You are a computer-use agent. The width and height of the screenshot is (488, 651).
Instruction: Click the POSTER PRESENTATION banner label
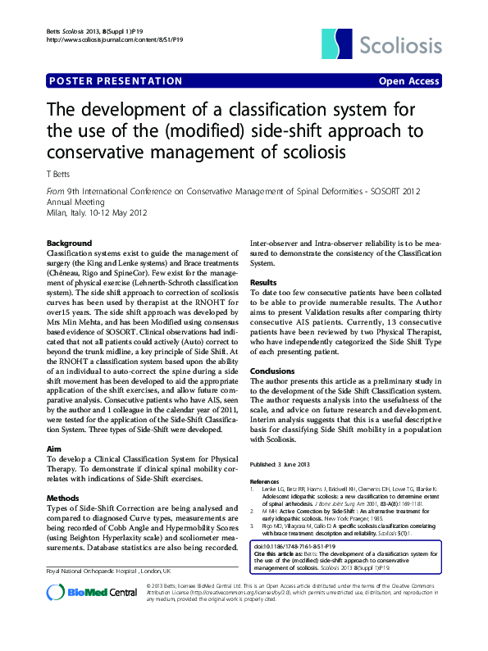(x=116, y=81)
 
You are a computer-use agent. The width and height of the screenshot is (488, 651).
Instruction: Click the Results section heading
(x=263, y=281)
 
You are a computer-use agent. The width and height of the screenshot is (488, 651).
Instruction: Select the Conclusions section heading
(x=271, y=371)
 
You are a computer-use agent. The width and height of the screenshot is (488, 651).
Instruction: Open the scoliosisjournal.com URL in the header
(x=115, y=39)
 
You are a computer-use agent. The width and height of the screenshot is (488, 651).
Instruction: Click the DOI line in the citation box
(x=299, y=545)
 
